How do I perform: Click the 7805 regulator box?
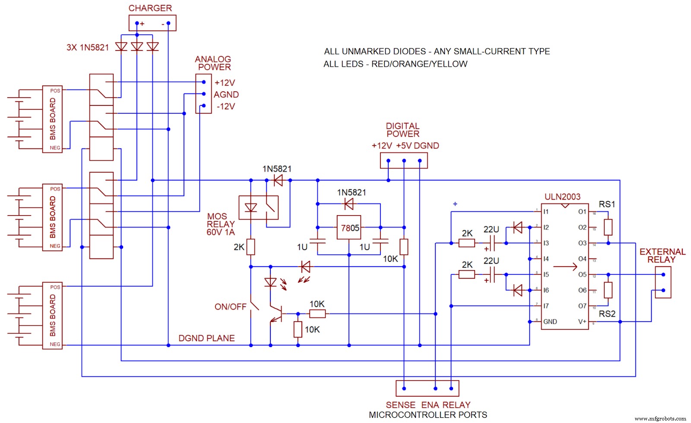coord(349,227)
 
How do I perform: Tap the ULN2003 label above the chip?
coord(562,197)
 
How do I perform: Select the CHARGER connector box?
coord(152,23)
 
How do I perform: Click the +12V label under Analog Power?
coord(225,83)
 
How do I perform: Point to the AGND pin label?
coord(226,95)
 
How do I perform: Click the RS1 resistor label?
coord(607,204)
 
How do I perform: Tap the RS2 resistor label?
coord(607,314)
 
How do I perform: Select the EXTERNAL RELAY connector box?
coord(663,282)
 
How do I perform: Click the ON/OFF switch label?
coord(230,307)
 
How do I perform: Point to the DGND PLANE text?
coord(206,338)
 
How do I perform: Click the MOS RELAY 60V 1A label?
coord(221,224)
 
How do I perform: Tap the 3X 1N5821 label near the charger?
coord(88,48)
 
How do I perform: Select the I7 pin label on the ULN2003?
coord(546,306)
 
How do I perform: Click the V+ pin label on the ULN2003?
coord(582,321)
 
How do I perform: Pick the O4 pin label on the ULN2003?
coord(582,259)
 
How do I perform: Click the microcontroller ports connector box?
coord(427,388)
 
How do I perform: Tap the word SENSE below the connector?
coord(400,405)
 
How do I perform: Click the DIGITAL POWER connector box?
coord(403,161)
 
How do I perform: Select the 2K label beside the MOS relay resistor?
coord(239,247)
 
